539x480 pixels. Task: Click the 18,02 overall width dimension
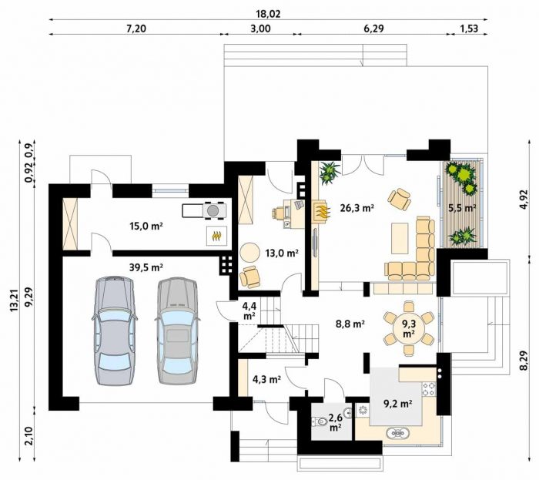268,14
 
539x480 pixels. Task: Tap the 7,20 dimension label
136,29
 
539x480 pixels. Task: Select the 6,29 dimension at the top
373,29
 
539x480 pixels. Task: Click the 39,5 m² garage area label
146,267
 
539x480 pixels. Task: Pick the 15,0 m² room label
146,227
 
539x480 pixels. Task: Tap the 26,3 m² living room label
357,208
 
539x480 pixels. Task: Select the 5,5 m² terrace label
462,208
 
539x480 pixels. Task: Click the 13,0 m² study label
282,253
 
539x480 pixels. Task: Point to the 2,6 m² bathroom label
335,422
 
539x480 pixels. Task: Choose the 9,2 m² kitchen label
398,403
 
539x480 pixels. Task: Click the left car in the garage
115,331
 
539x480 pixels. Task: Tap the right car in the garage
177,331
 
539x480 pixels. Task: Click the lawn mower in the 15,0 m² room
204,210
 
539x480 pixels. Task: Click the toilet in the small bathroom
321,421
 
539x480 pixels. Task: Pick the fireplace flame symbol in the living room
323,211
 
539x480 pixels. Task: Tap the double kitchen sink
397,433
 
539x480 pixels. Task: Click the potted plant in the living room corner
330,173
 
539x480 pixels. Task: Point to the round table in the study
250,253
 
